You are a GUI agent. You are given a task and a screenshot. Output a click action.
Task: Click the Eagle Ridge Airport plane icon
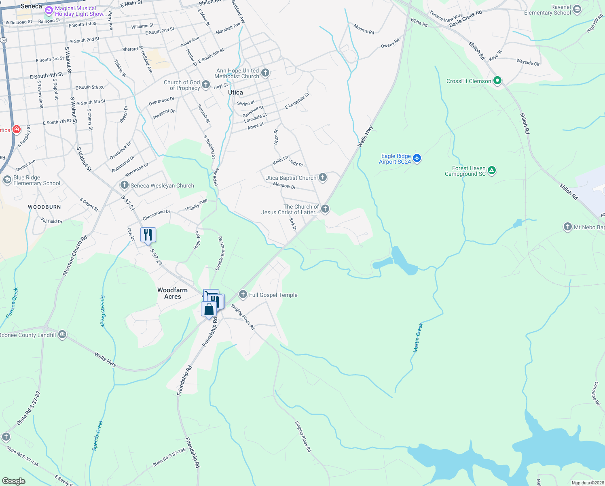417,158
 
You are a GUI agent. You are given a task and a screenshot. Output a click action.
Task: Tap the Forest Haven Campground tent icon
492,171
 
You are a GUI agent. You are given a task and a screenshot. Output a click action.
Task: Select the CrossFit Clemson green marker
497,81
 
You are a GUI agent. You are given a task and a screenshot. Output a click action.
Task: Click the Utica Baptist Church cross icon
323,177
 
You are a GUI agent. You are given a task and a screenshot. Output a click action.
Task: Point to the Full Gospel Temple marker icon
243,294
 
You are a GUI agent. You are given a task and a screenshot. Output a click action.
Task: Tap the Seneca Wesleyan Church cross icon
124,185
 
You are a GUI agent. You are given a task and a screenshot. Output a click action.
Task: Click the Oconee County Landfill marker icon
62,335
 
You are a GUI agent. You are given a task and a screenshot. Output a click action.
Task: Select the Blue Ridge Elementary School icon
7,180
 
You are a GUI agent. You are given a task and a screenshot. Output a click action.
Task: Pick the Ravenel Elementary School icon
577,9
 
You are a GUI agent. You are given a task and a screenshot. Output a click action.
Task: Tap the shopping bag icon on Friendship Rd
209,309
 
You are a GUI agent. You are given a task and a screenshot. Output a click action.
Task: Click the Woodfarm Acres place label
172,293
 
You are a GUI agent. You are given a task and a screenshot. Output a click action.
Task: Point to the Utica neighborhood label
235,92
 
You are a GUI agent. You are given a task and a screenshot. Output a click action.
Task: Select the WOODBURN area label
44,207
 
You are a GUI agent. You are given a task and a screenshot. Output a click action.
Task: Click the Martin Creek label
418,337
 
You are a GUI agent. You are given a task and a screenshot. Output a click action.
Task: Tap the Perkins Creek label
12,303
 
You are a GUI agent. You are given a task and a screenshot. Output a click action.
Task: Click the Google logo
14,481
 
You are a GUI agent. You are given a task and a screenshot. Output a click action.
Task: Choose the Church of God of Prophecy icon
206,85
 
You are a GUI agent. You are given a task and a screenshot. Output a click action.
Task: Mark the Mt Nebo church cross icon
568,227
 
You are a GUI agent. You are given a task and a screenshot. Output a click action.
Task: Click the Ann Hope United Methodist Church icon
265,73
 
